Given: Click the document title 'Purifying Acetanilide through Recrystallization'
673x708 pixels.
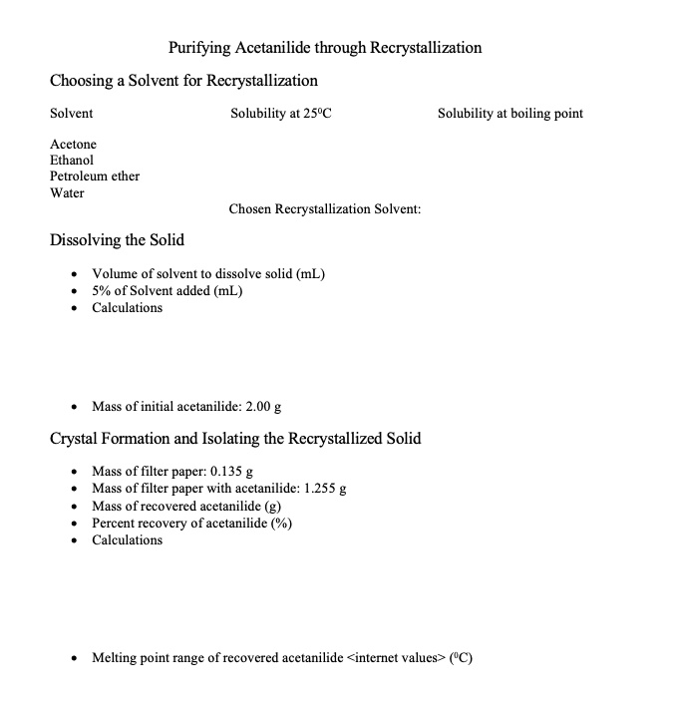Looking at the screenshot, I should point(325,48).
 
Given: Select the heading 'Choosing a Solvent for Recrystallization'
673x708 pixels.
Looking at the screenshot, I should point(183,80).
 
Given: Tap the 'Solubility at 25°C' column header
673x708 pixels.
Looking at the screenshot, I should point(280,113).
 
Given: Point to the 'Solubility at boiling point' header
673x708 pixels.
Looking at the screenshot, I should point(510,113).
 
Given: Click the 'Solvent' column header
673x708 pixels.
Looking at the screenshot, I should point(71,113).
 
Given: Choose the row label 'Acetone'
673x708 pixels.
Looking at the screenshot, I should point(73,145).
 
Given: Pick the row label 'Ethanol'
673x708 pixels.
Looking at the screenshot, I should point(72,160).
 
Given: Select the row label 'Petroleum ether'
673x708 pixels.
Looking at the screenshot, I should point(95,176).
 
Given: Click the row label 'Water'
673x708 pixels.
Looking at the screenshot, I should point(67,191).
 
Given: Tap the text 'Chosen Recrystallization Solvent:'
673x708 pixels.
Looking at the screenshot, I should point(324,209).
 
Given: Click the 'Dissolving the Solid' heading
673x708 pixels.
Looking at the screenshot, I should point(117,240).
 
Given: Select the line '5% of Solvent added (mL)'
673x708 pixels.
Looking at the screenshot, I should point(167,290).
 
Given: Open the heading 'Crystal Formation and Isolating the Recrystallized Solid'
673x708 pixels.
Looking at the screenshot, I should point(235,438).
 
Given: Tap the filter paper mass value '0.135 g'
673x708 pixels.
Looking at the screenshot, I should point(231,471).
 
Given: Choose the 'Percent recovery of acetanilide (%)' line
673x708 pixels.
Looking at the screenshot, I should point(191,523).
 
